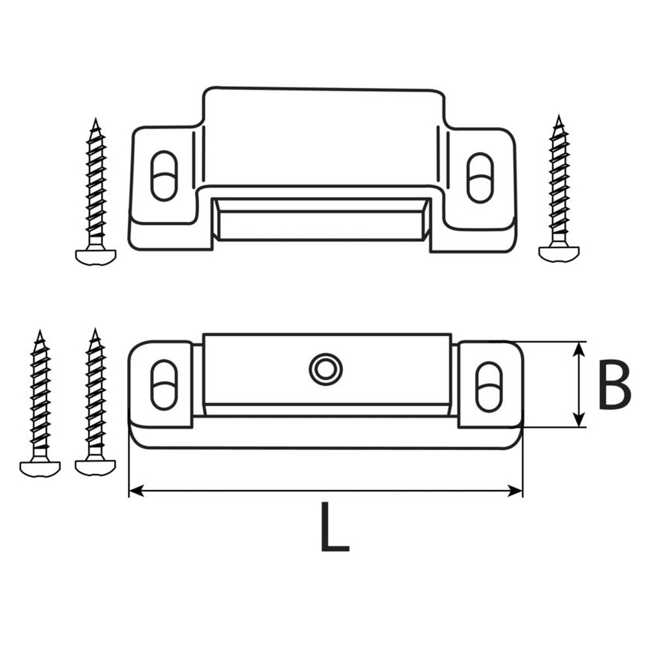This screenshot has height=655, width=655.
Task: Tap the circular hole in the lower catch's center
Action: point(325,370)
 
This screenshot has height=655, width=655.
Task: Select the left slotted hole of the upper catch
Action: point(164,175)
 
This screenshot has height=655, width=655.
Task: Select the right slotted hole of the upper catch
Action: point(480,178)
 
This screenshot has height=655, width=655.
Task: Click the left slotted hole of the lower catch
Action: point(164,385)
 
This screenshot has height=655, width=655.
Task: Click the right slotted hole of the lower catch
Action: point(489,387)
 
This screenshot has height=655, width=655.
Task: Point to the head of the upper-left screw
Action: point(96,257)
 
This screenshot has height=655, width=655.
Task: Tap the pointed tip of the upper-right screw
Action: point(558,116)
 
